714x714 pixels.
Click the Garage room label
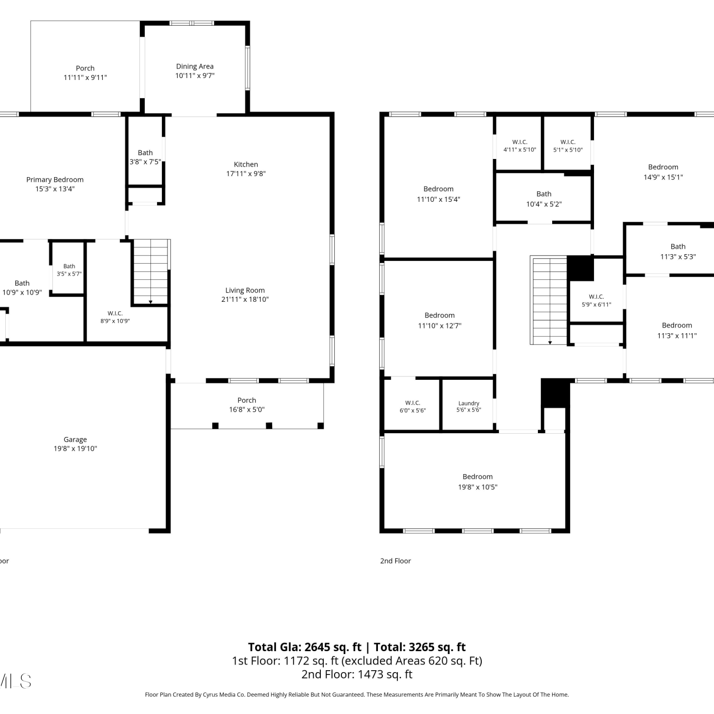(x=75, y=439)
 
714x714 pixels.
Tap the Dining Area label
(x=195, y=66)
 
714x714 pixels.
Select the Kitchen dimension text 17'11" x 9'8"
(x=246, y=174)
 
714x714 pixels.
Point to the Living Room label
(x=245, y=290)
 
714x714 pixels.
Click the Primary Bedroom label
(x=55, y=179)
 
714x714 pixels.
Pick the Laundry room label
(x=469, y=403)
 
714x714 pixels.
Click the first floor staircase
(x=150, y=271)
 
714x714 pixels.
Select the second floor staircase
(x=549, y=300)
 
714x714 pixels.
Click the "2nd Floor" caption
(x=396, y=561)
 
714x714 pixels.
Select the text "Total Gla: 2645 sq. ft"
(x=305, y=647)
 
